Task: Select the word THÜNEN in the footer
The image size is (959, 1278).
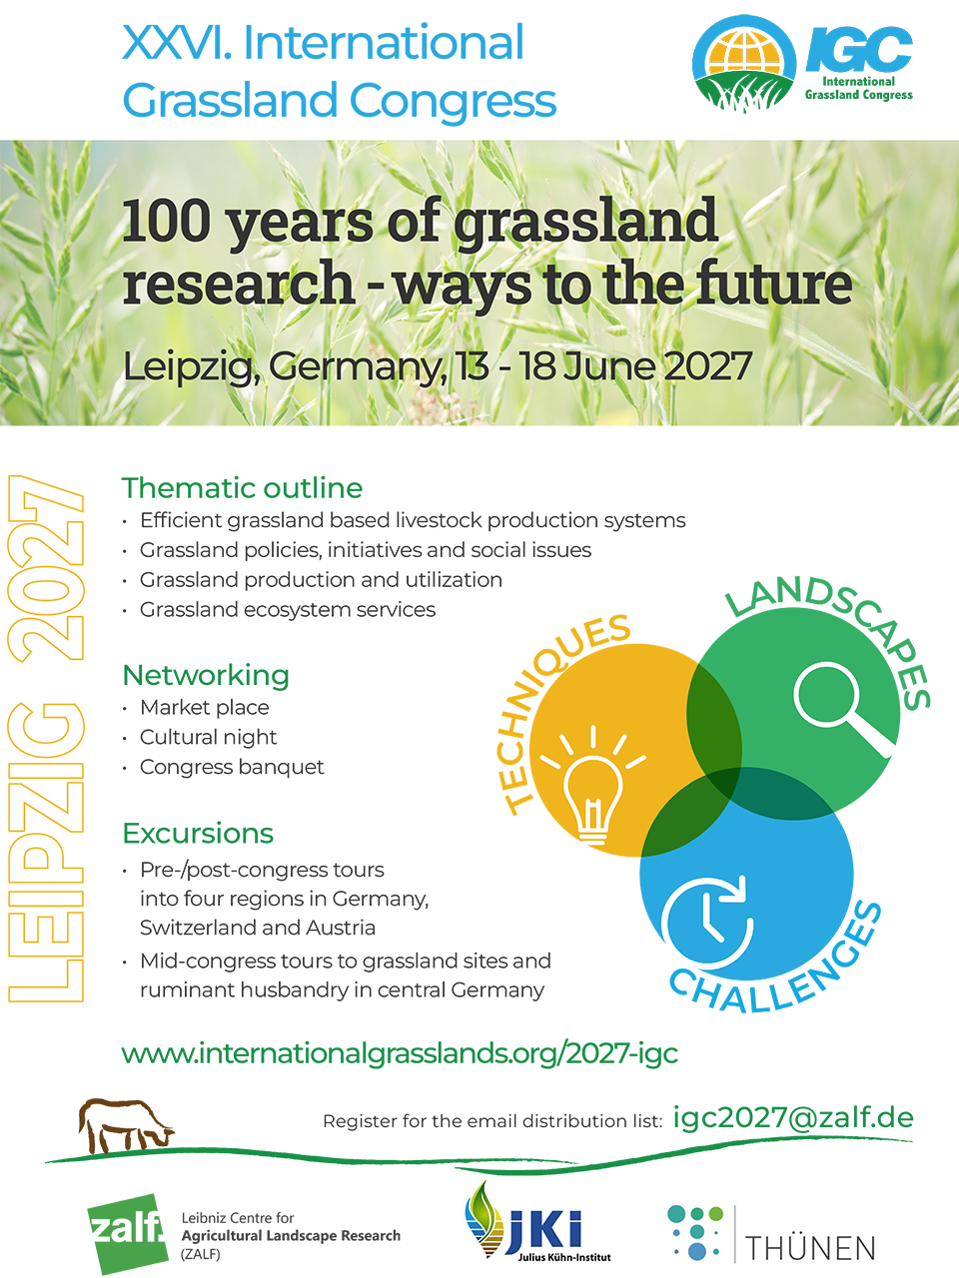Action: pos(810,1248)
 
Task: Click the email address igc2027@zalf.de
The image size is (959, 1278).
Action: pos(793,1117)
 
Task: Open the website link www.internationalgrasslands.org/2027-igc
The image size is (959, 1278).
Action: pos(400,1052)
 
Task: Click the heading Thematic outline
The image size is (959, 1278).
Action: pos(242,488)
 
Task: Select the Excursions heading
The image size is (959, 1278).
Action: pos(198,834)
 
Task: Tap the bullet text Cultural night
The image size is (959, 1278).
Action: pos(208,738)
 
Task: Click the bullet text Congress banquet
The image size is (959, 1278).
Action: pos(232,768)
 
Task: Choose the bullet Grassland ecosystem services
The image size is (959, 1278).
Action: pos(288,610)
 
